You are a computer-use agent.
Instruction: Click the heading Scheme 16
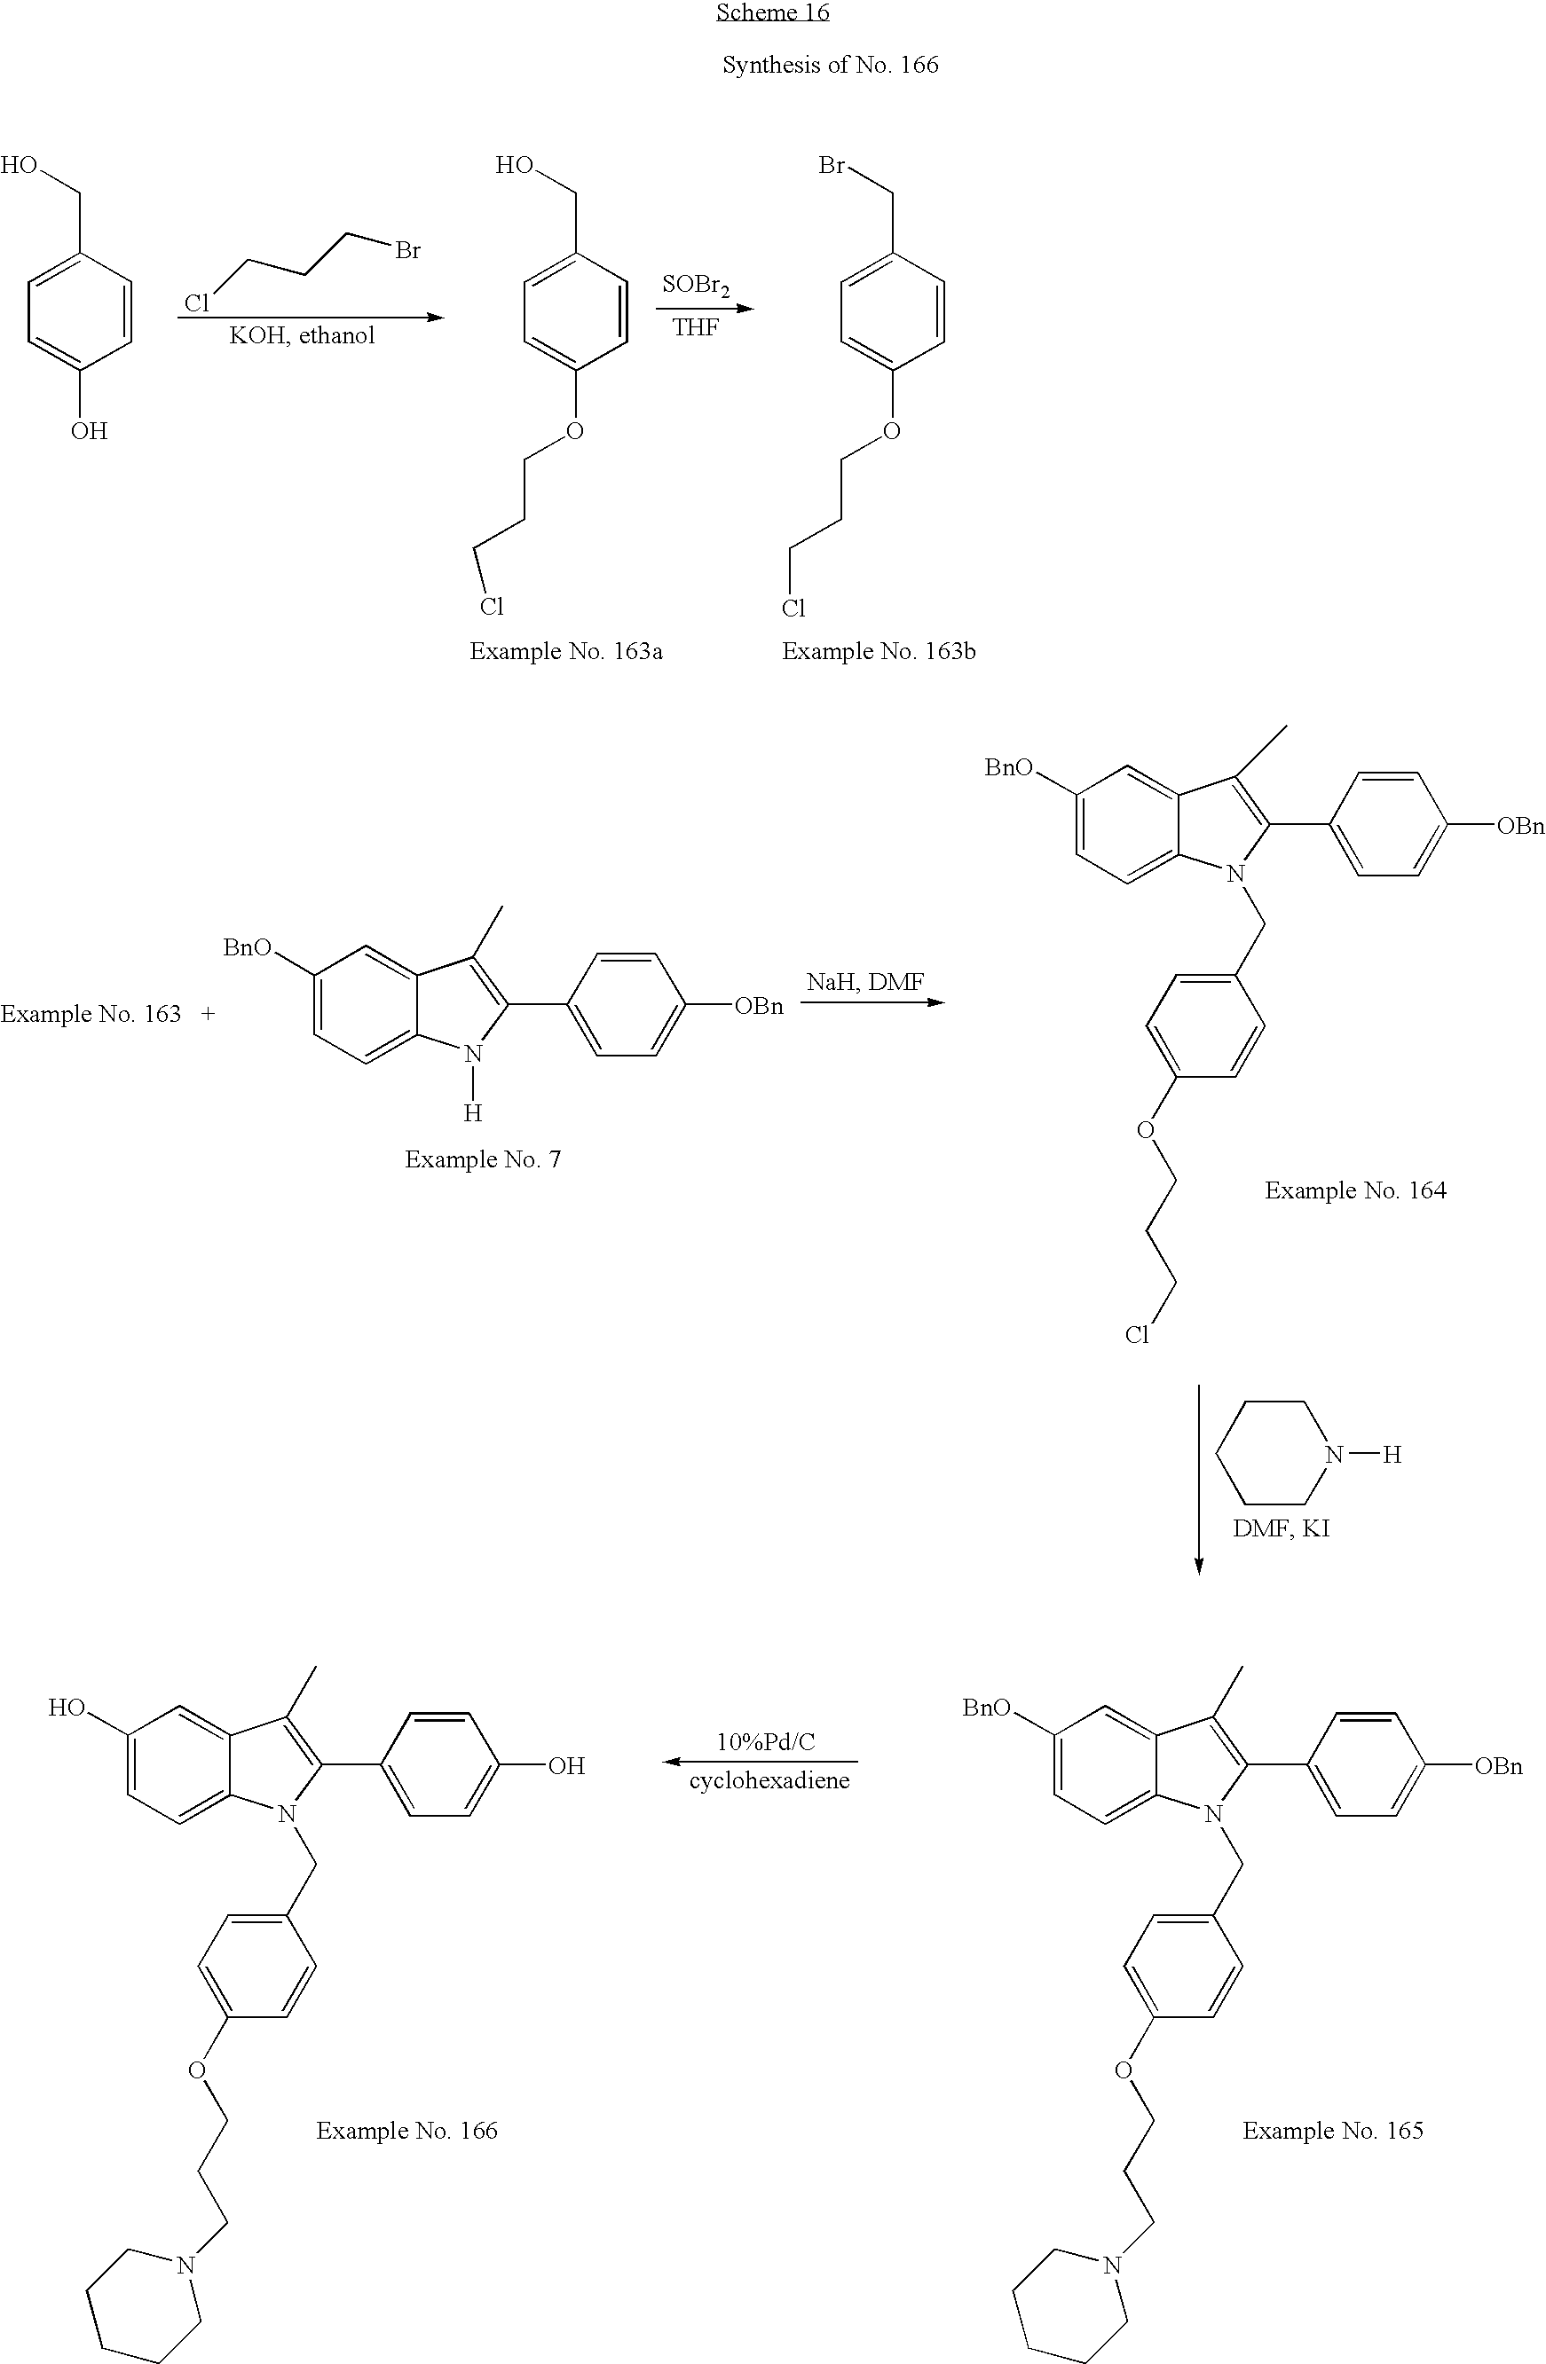[772, 13]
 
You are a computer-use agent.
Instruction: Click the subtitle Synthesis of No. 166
[830, 66]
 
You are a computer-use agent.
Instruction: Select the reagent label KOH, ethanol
[302, 335]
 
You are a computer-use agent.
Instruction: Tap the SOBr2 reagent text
[696, 286]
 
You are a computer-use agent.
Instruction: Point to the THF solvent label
[695, 328]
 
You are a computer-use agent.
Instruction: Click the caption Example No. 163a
[565, 652]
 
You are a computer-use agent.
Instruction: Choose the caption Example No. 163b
[879, 652]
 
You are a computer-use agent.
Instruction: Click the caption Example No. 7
[482, 1159]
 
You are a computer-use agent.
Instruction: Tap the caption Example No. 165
[1332, 2131]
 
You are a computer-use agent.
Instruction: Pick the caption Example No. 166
[406, 2131]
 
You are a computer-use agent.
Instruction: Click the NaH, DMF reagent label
[864, 982]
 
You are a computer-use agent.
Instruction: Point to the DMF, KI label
[1281, 1528]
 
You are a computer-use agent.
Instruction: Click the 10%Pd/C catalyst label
[765, 1741]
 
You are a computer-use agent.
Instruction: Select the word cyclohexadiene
[769, 1780]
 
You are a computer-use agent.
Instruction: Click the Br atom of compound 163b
[831, 166]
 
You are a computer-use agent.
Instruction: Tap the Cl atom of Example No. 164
[1137, 1335]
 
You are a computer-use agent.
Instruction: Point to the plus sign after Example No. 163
[208, 1014]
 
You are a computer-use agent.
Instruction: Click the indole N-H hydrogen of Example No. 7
[473, 1113]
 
